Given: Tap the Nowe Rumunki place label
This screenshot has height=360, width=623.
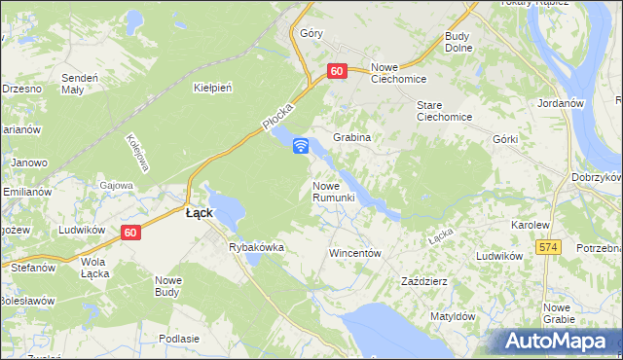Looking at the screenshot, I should coord(340,191).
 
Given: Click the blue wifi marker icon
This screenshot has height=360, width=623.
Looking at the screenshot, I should coord(301,146).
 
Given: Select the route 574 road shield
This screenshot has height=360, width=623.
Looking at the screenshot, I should coord(548,248).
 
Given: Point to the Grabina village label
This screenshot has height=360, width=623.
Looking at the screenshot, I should coord(352,138).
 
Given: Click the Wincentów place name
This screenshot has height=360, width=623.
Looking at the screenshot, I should coord(353,252).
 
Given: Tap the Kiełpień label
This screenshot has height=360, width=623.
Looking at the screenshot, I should coord(212,88).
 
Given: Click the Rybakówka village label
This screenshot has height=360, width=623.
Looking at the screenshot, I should coord(256,247).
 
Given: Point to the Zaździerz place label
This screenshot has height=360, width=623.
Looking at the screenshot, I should coord(424,281).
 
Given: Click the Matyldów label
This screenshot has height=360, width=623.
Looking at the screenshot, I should coord(452,316).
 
